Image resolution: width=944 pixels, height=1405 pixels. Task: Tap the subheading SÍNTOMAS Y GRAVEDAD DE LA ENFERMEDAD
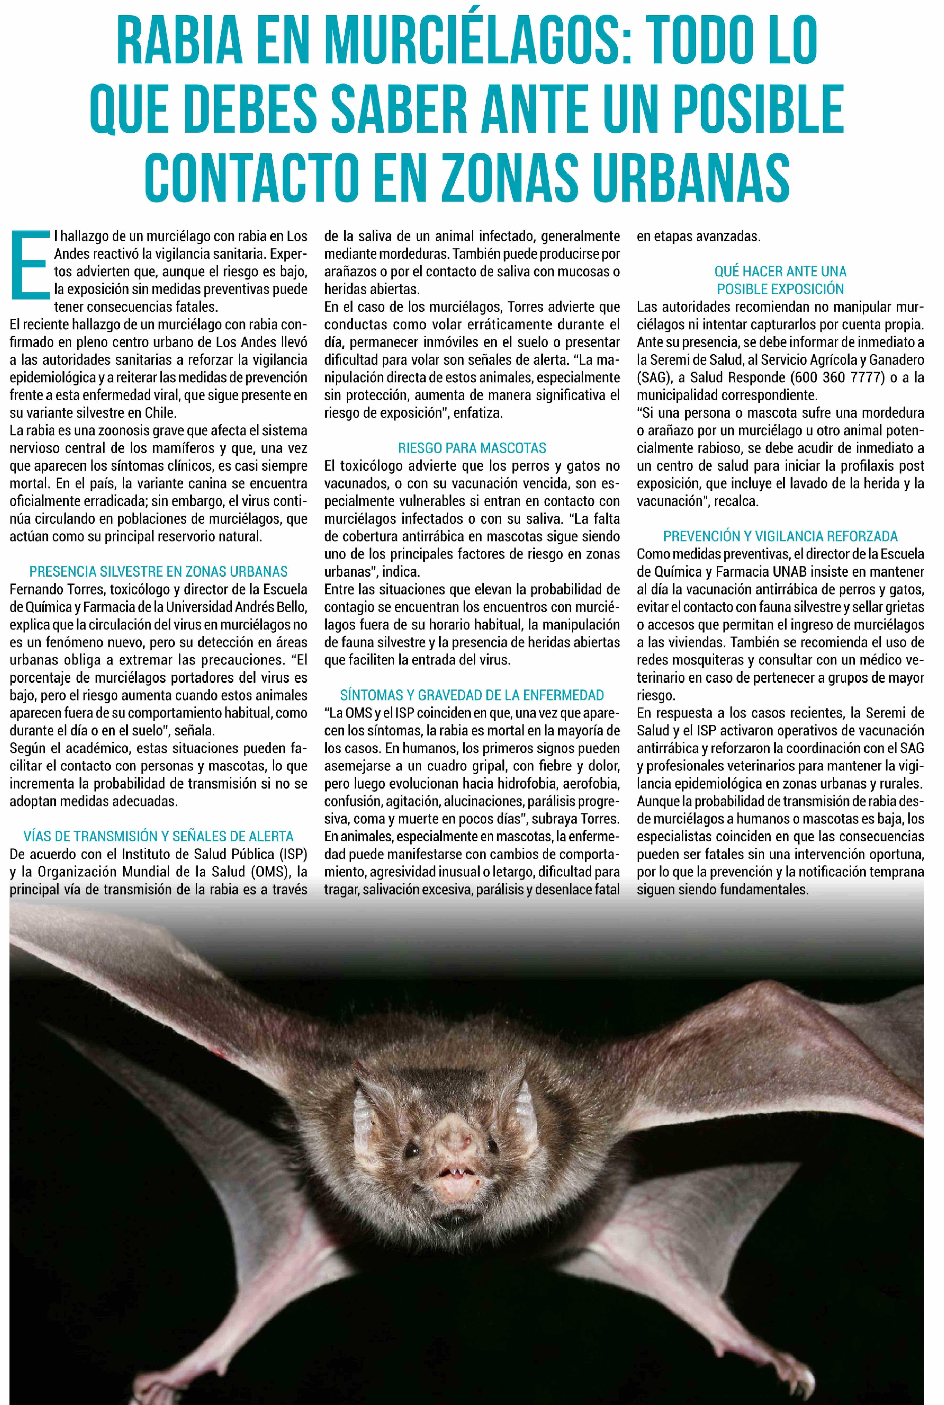(472, 695)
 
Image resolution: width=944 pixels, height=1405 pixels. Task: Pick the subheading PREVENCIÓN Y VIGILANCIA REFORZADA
(780, 536)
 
